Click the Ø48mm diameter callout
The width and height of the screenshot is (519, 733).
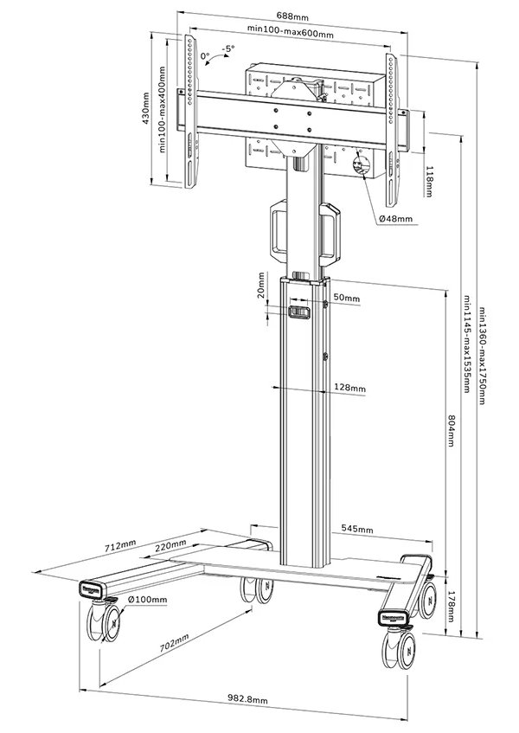[395, 219]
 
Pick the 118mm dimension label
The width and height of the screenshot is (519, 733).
[430, 181]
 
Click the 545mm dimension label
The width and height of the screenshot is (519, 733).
[357, 529]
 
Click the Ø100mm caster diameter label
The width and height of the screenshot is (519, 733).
[147, 599]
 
